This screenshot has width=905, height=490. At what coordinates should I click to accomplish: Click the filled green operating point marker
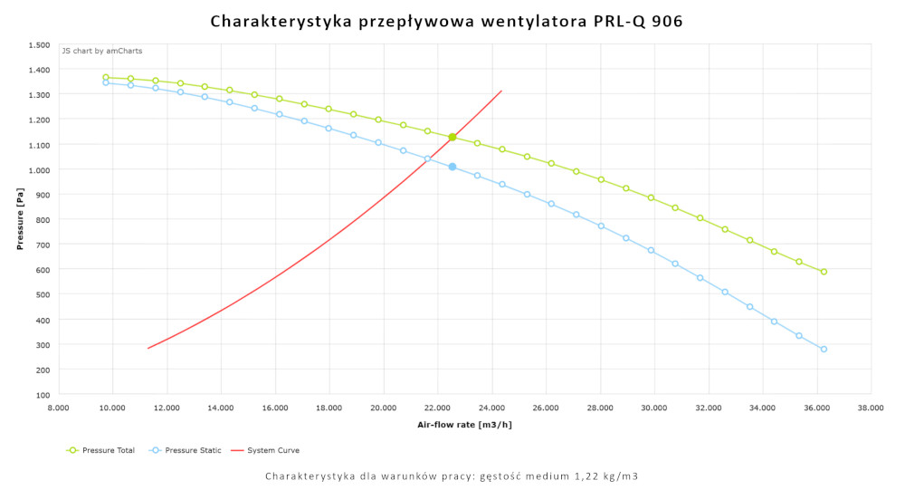pos(452,137)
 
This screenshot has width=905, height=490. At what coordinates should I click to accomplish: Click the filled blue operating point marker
pos(452,167)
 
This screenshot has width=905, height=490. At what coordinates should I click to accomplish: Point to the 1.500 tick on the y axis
pos(39,44)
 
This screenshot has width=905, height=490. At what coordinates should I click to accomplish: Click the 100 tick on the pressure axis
pos(43,395)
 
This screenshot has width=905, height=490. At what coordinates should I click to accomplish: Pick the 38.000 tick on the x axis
pos(871,408)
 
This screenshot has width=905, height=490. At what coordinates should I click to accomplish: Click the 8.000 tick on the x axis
pos(58,408)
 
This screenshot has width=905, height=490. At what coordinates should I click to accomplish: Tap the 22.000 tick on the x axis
pos(437,408)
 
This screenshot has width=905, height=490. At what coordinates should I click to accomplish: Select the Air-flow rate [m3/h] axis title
pos(463,424)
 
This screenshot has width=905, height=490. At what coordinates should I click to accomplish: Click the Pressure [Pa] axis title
pos(19,220)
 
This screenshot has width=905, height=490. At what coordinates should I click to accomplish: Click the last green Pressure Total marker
pos(824,272)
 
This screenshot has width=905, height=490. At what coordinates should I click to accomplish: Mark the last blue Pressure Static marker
pos(824,349)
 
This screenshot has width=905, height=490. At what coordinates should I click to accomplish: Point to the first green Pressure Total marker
pos(106,78)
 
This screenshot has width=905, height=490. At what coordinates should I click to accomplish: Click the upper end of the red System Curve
pos(501,91)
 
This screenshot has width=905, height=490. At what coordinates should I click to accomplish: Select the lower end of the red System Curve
pos(148,348)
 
